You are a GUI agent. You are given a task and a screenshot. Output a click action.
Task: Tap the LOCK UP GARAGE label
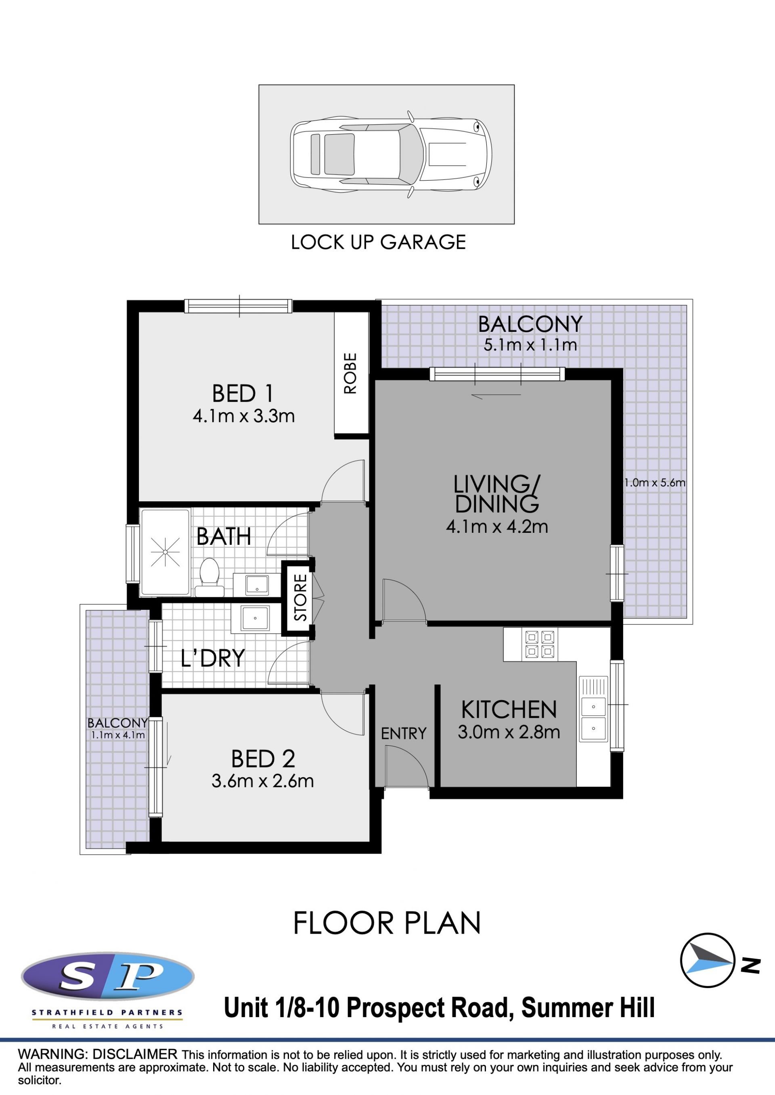click(379, 242)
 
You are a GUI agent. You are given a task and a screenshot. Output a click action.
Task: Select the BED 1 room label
click(243, 394)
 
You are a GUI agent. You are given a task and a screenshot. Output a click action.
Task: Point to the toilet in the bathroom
click(209, 578)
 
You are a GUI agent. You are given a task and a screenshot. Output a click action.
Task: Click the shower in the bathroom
click(165, 552)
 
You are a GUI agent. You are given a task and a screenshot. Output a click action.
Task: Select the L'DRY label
click(213, 658)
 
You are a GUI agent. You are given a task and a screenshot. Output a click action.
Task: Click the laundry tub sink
click(256, 619)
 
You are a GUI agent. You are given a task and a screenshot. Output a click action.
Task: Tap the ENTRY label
click(404, 734)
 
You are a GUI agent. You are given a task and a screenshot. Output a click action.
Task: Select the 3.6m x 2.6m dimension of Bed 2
click(262, 781)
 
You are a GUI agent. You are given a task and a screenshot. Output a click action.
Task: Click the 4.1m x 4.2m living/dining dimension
click(497, 527)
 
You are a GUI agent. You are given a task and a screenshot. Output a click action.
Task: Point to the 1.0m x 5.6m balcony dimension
click(655, 483)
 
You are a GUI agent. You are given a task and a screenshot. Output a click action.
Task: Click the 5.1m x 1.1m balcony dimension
click(530, 345)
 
